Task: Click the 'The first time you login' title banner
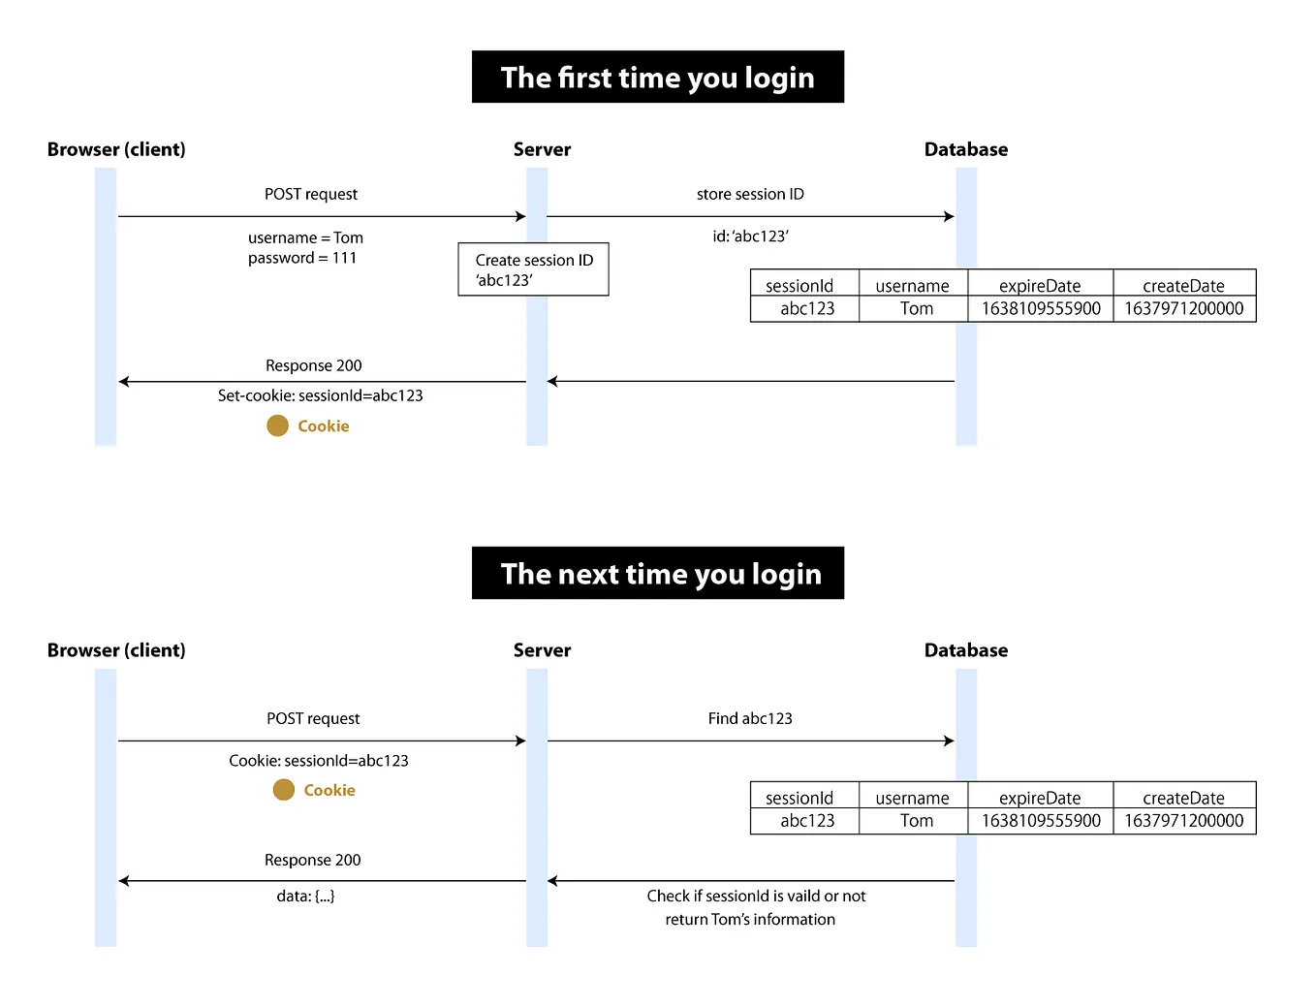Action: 657,78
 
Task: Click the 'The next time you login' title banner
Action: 657,574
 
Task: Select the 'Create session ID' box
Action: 533,269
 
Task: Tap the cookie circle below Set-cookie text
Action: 277,425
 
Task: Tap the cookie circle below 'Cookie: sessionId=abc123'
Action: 283,790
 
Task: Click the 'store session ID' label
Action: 750,194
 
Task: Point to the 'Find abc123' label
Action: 750,718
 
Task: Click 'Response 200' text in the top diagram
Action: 313,365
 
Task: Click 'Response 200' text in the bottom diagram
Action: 312,860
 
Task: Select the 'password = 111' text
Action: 302,258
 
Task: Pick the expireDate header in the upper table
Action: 1040,286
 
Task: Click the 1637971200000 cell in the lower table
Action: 1183,821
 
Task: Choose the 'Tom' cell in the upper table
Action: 916,309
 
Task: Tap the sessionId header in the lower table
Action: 799,798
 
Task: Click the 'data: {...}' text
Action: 305,897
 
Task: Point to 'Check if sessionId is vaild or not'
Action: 756,897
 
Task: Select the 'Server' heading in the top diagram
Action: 542,149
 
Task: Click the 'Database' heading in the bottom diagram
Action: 965,650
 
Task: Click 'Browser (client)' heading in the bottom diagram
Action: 116,650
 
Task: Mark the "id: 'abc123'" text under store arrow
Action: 750,236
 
